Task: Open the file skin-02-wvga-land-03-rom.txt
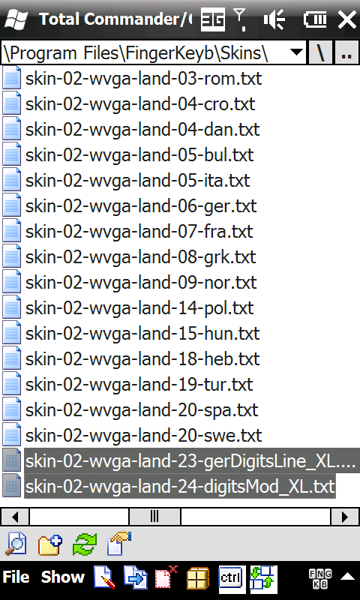(143, 79)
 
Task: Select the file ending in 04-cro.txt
(140, 103)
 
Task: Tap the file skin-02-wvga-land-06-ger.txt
(141, 205)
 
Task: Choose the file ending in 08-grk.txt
(140, 256)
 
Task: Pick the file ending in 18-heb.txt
(142, 359)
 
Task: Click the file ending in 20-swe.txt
(143, 436)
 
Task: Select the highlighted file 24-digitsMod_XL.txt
(180, 486)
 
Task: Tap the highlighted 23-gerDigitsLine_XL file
(191, 461)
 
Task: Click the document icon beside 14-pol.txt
(12, 307)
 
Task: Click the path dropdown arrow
(297, 52)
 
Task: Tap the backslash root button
(320, 52)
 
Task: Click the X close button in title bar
(346, 20)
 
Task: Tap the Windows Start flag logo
(16, 19)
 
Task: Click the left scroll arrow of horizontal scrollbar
(15, 517)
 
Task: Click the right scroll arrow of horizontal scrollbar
(345, 517)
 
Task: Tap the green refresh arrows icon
(85, 544)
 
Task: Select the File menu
(16, 577)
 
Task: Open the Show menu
(63, 577)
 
